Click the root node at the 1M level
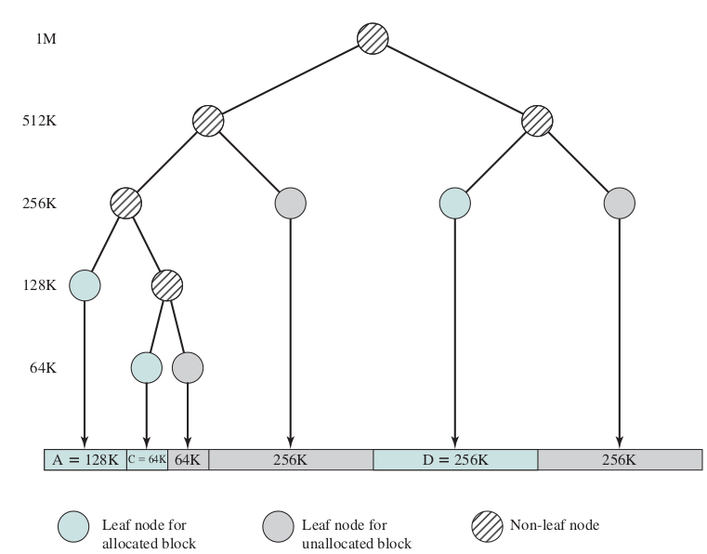pyautogui.click(x=373, y=38)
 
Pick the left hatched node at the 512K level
pyautogui.click(x=208, y=121)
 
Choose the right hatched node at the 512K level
pyautogui.click(x=536, y=121)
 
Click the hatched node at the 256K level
pyautogui.click(x=125, y=203)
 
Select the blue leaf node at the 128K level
pyautogui.click(x=85, y=284)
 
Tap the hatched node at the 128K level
pyautogui.click(x=167, y=284)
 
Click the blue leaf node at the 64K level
pyautogui.click(x=146, y=366)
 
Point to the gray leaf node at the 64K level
pyautogui.click(x=188, y=366)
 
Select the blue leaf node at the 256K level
pyautogui.click(x=454, y=203)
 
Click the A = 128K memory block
pyautogui.click(x=85, y=459)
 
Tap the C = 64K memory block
pyautogui.click(x=147, y=459)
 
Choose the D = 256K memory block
pyautogui.click(x=455, y=459)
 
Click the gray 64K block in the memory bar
pyautogui.click(x=188, y=459)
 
